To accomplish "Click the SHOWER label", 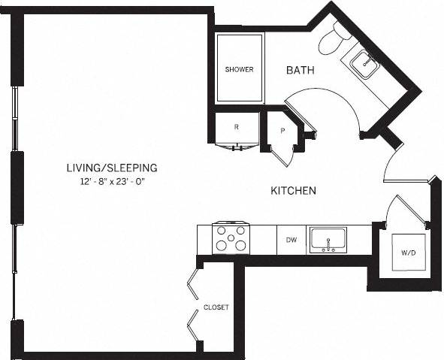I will click(x=239, y=70).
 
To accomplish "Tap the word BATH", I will click(x=300, y=70).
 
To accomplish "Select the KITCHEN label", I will click(x=293, y=191).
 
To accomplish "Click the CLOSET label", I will click(x=216, y=307).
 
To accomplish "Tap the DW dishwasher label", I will click(x=291, y=241).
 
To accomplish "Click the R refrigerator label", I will click(x=237, y=127).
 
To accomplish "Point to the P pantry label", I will click(x=282, y=130).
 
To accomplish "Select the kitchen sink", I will click(x=328, y=240).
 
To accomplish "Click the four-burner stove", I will click(x=231, y=238).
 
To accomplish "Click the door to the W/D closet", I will click(x=406, y=209).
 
